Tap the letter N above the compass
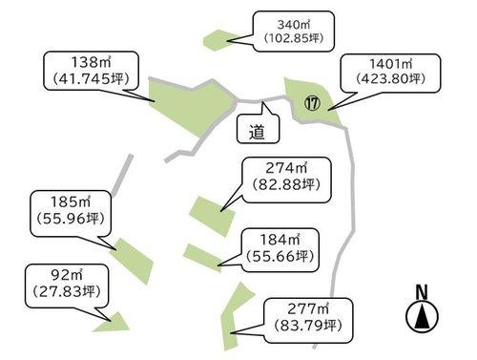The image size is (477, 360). click(x=422, y=291)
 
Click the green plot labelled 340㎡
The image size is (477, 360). click(x=220, y=39)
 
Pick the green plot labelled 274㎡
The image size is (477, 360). click(x=210, y=212)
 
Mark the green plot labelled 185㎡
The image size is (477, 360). click(x=134, y=256)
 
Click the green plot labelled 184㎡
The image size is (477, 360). click(x=201, y=256)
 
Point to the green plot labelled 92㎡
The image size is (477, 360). click(x=113, y=322)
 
